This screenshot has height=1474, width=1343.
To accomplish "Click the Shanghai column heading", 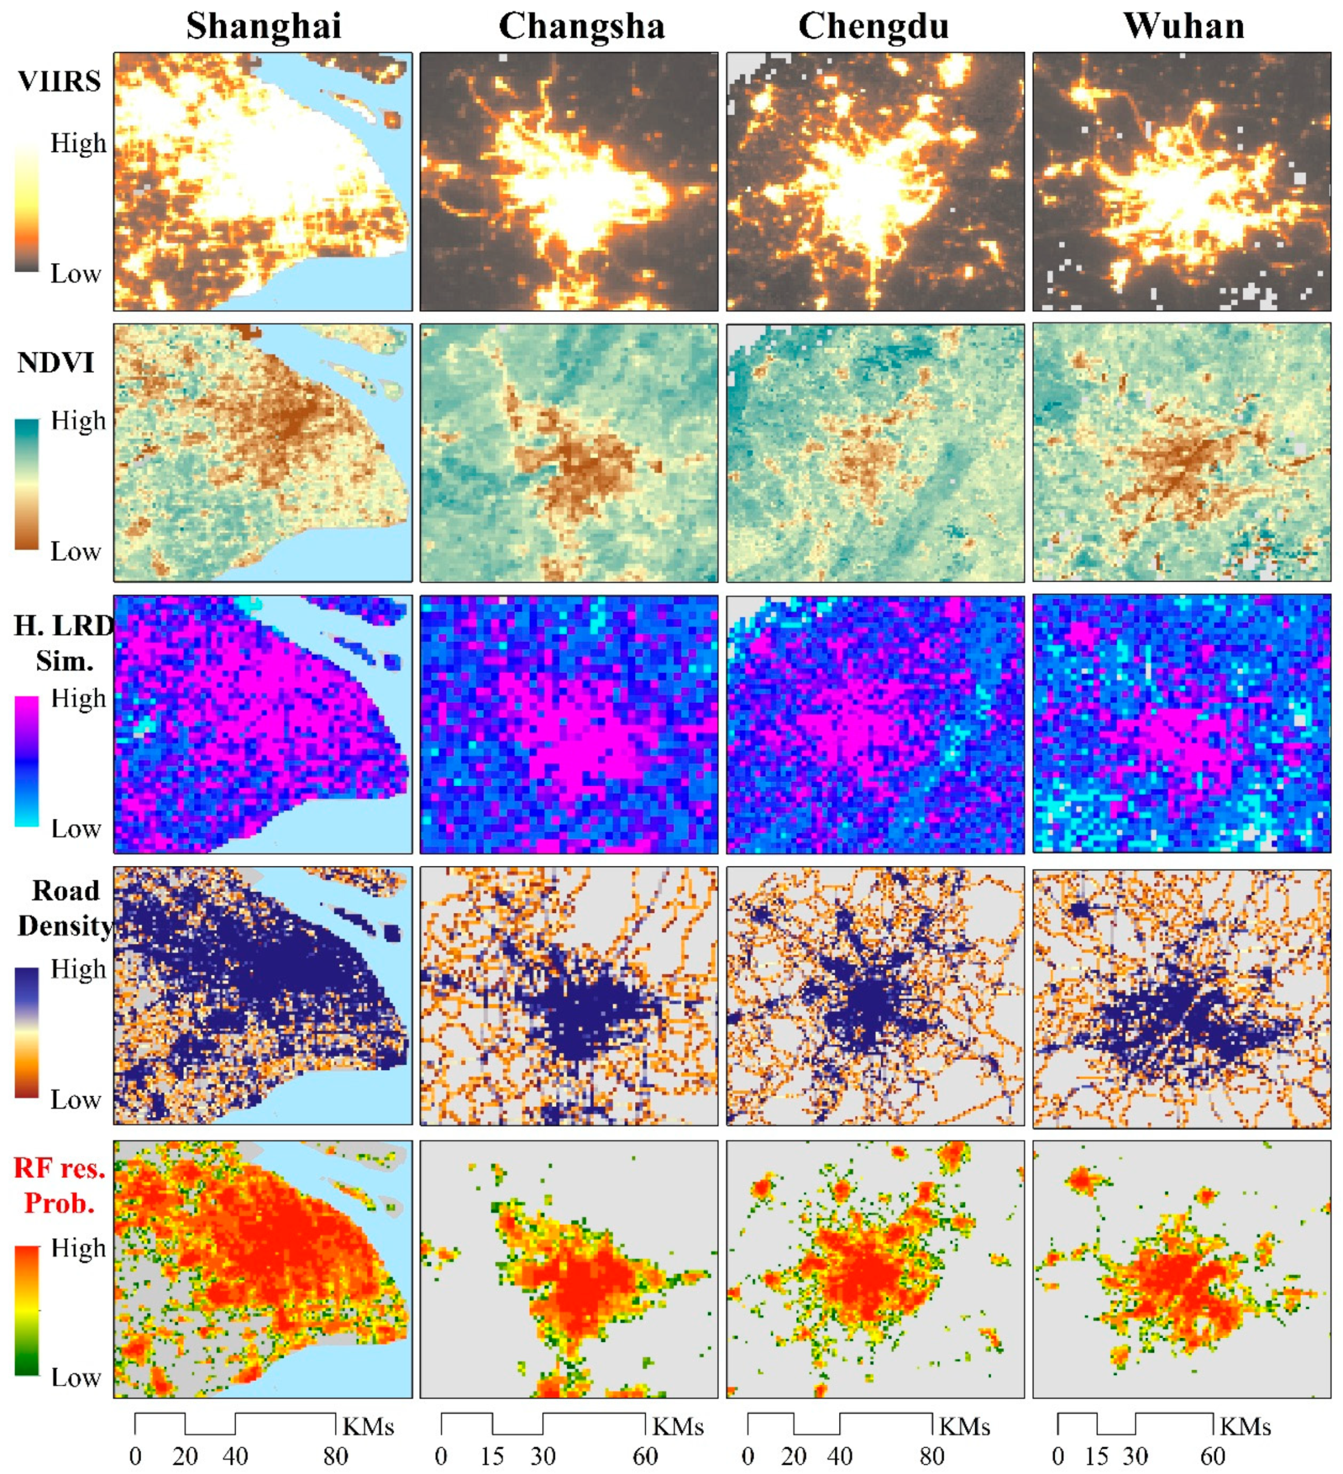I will (x=263, y=26).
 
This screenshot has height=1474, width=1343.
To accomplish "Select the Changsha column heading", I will (x=581, y=26).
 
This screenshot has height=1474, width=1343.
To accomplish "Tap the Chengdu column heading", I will (x=874, y=26).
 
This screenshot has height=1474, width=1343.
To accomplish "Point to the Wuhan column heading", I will (x=1184, y=26).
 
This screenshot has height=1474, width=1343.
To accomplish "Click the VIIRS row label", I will (x=59, y=81).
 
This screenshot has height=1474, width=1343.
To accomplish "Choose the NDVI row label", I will (x=56, y=362).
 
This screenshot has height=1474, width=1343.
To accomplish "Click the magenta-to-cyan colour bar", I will (x=26, y=761).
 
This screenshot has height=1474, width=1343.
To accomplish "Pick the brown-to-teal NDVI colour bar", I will (x=26, y=483).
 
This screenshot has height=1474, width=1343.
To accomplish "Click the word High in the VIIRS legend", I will (x=78, y=143).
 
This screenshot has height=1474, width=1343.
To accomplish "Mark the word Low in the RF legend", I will (x=75, y=1377).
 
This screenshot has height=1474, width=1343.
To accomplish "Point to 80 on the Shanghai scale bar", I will (x=336, y=1456).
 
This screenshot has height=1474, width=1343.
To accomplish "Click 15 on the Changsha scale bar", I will (x=492, y=1456).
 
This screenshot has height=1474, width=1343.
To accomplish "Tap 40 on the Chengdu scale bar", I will (x=839, y=1456).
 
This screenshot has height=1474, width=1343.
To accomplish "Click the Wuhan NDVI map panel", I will (x=1181, y=453).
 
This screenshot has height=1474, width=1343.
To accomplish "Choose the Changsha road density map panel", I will (x=569, y=996).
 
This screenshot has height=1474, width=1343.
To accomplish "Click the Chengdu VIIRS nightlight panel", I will (x=875, y=181).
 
